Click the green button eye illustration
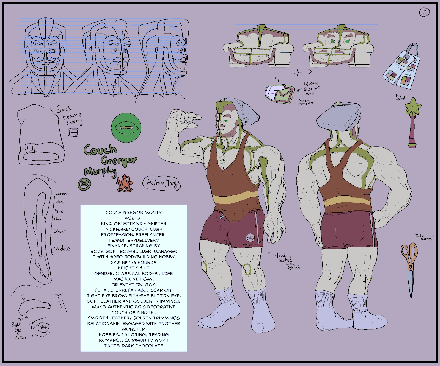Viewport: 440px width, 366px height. tap(126, 128)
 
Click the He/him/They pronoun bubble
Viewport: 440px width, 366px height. tap(162, 183)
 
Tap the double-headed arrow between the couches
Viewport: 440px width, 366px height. tap(303, 72)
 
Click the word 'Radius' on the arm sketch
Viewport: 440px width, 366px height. tap(62, 249)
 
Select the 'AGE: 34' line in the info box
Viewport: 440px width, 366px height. tap(134, 218)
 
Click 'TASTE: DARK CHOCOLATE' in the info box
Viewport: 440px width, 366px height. tap(134, 346)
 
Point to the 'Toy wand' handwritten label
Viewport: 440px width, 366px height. tap(400, 97)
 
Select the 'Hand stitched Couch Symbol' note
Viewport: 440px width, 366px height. tap(287, 261)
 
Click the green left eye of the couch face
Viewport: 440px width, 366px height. tap(332, 41)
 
